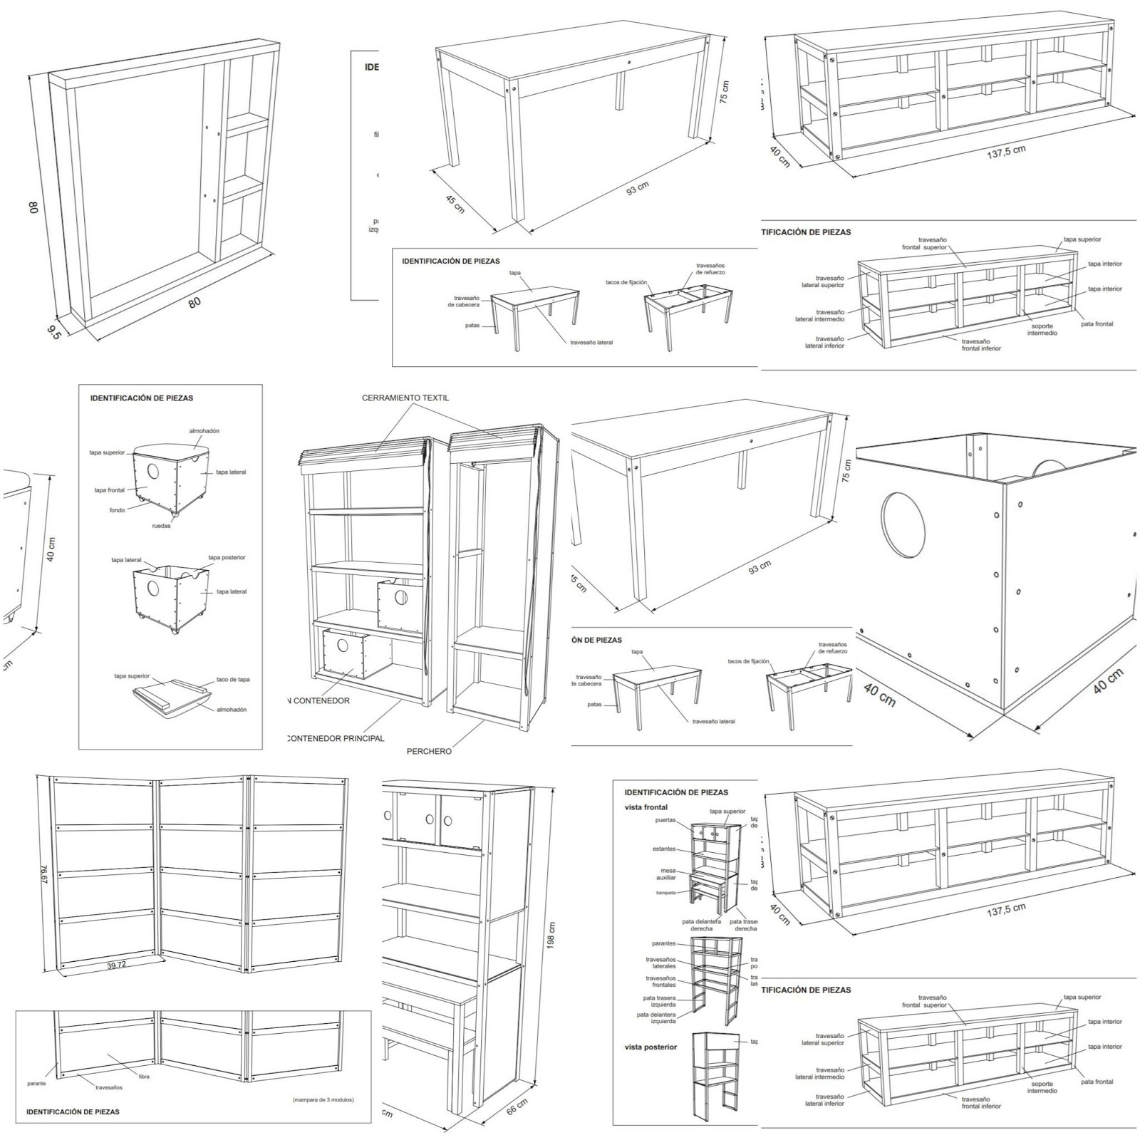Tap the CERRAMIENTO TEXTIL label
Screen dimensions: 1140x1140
(405, 398)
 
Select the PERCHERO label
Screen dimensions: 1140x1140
(428, 751)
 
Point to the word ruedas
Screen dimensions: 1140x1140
(161, 526)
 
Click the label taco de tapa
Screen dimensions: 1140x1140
(233, 679)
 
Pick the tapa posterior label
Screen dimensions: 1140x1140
(227, 557)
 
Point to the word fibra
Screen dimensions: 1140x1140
(144, 1077)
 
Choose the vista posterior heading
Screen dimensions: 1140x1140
(651, 1047)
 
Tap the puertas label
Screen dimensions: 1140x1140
(665, 820)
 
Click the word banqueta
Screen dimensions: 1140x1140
(667, 892)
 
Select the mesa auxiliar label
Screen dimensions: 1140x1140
(666, 874)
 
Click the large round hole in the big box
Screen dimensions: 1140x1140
(903, 524)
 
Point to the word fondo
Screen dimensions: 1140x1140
(117, 510)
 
